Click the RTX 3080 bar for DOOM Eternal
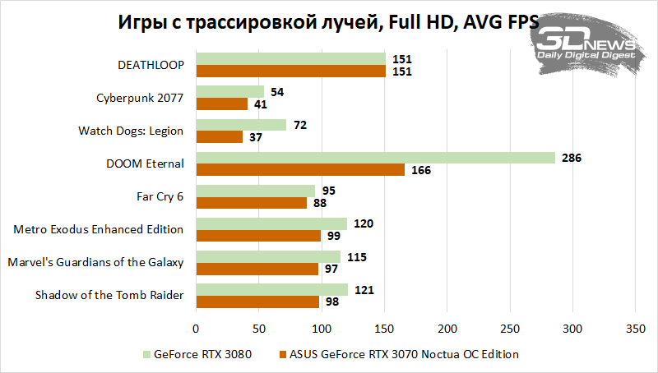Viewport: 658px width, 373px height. (x=375, y=158)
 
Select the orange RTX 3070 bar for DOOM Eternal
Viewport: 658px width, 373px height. (x=299, y=170)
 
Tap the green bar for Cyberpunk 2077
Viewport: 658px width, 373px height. (x=229, y=92)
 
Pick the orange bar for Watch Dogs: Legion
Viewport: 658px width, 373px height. (x=219, y=137)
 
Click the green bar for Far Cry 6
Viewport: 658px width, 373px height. (x=255, y=191)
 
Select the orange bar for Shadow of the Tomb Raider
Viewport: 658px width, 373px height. (x=257, y=302)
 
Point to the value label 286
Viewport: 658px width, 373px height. (x=571, y=158)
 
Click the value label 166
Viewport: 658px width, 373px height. (x=419, y=170)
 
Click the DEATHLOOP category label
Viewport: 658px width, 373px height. (x=151, y=64)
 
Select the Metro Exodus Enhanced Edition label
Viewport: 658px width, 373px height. (x=99, y=229)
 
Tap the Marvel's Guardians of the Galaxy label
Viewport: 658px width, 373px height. (x=95, y=262)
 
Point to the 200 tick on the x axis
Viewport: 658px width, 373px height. (x=447, y=329)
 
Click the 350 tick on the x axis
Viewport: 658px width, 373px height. (x=635, y=329)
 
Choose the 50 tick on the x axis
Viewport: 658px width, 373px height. (x=258, y=329)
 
